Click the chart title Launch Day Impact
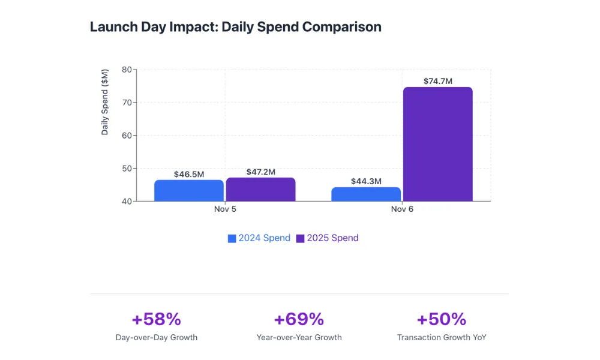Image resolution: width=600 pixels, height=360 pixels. pyautogui.click(x=235, y=27)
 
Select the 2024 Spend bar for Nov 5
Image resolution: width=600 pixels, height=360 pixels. pyautogui.click(x=189, y=190)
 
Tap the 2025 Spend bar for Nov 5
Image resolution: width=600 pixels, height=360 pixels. pyautogui.click(x=260, y=189)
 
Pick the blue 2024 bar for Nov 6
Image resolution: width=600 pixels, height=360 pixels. pyautogui.click(x=366, y=194)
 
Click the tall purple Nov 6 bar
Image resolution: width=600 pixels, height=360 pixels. pyautogui.click(x=437, y=144)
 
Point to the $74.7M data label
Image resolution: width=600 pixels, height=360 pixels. pyautogui.click(x=438, y=81)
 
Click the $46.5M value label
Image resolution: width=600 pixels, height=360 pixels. pyautogui.click(x=189, y=174)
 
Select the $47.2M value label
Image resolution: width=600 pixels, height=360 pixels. pyautogui.click(x=260, y=172)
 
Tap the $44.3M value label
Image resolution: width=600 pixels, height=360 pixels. pyautogui.click(x=366, y=181)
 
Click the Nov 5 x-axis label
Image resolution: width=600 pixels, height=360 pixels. pyautogui.click(x=225, y=209)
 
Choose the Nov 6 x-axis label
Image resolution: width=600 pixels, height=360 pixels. pyautogui.click(x=402, y=209)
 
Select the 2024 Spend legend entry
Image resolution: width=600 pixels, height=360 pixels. pyautogui.click(x=259, y=238)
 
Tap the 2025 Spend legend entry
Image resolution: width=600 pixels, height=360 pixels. pyautogui.click(x=327, y=238)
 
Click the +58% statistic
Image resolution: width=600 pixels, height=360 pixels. pyautogui.click(x=156, y=319)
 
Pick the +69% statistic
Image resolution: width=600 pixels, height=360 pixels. pyautogui.click(x=299, y=319)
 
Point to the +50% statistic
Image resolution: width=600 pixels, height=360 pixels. pyautogui.click(x=441, y=319)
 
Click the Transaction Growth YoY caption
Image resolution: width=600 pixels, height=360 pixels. pyautogui.click(x=442, y=337)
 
